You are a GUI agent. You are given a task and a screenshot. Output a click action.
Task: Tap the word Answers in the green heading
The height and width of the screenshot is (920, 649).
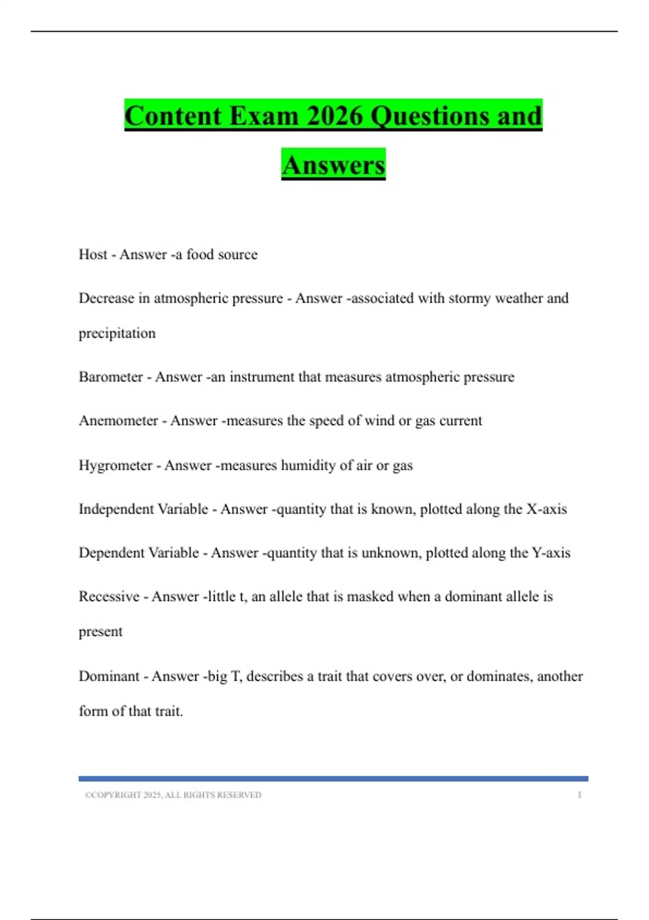pos(333,165)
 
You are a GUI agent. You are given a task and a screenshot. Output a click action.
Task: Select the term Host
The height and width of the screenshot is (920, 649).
pos(93,254)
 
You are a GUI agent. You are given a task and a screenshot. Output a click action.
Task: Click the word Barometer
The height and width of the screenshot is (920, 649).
pos(110,377)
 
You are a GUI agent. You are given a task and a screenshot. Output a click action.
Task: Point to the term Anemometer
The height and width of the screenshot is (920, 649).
pos(118,420)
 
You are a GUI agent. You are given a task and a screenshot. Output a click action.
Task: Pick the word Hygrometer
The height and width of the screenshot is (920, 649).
pos(115,465)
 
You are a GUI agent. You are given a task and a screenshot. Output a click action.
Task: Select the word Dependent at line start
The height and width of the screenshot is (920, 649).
pos(111,553)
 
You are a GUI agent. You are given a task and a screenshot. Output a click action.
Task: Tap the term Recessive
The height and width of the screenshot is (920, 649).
pos(109,596)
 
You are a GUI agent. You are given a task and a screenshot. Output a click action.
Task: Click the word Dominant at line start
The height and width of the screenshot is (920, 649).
pos(109,676)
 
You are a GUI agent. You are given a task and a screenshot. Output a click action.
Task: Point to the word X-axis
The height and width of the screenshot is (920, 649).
pos(547,509)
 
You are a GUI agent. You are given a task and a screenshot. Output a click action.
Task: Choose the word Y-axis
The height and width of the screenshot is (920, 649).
pos(551,553)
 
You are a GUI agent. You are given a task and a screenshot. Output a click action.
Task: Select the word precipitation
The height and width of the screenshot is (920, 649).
pos(117,333)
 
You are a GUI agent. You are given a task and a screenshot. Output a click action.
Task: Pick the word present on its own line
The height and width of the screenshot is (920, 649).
pos(101,632)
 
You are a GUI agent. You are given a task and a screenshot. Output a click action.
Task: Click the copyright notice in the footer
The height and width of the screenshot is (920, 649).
pos(173,795)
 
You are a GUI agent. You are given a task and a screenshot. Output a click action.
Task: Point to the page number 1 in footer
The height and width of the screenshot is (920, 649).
pos(579,795)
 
